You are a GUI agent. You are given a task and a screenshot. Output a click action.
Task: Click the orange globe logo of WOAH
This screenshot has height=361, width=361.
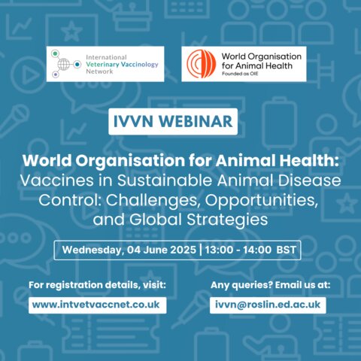click(202, 64)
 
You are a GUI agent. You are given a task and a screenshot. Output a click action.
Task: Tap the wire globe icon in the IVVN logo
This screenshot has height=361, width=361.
click(64, 64)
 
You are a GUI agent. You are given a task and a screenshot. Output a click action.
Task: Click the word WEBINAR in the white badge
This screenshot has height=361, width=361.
click(196, 121)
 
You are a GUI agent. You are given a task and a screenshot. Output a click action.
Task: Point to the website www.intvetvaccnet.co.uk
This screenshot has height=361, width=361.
click(96, 305)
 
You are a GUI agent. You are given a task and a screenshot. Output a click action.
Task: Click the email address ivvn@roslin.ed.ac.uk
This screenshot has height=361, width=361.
click(268, 305)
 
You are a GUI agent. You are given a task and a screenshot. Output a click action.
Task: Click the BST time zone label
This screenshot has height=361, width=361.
click(287, 250)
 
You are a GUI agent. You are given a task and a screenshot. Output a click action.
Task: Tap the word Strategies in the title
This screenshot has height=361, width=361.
click(227, 220)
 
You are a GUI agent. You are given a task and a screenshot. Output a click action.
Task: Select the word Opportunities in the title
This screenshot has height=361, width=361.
click(262, 201)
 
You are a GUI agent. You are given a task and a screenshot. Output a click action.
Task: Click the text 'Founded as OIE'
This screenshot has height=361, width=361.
click(240, 74)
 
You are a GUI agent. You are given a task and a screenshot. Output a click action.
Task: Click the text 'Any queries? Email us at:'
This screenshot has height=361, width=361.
click(270, 285)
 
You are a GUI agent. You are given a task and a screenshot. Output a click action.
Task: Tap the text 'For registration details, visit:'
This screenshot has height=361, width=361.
click(97, 285)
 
